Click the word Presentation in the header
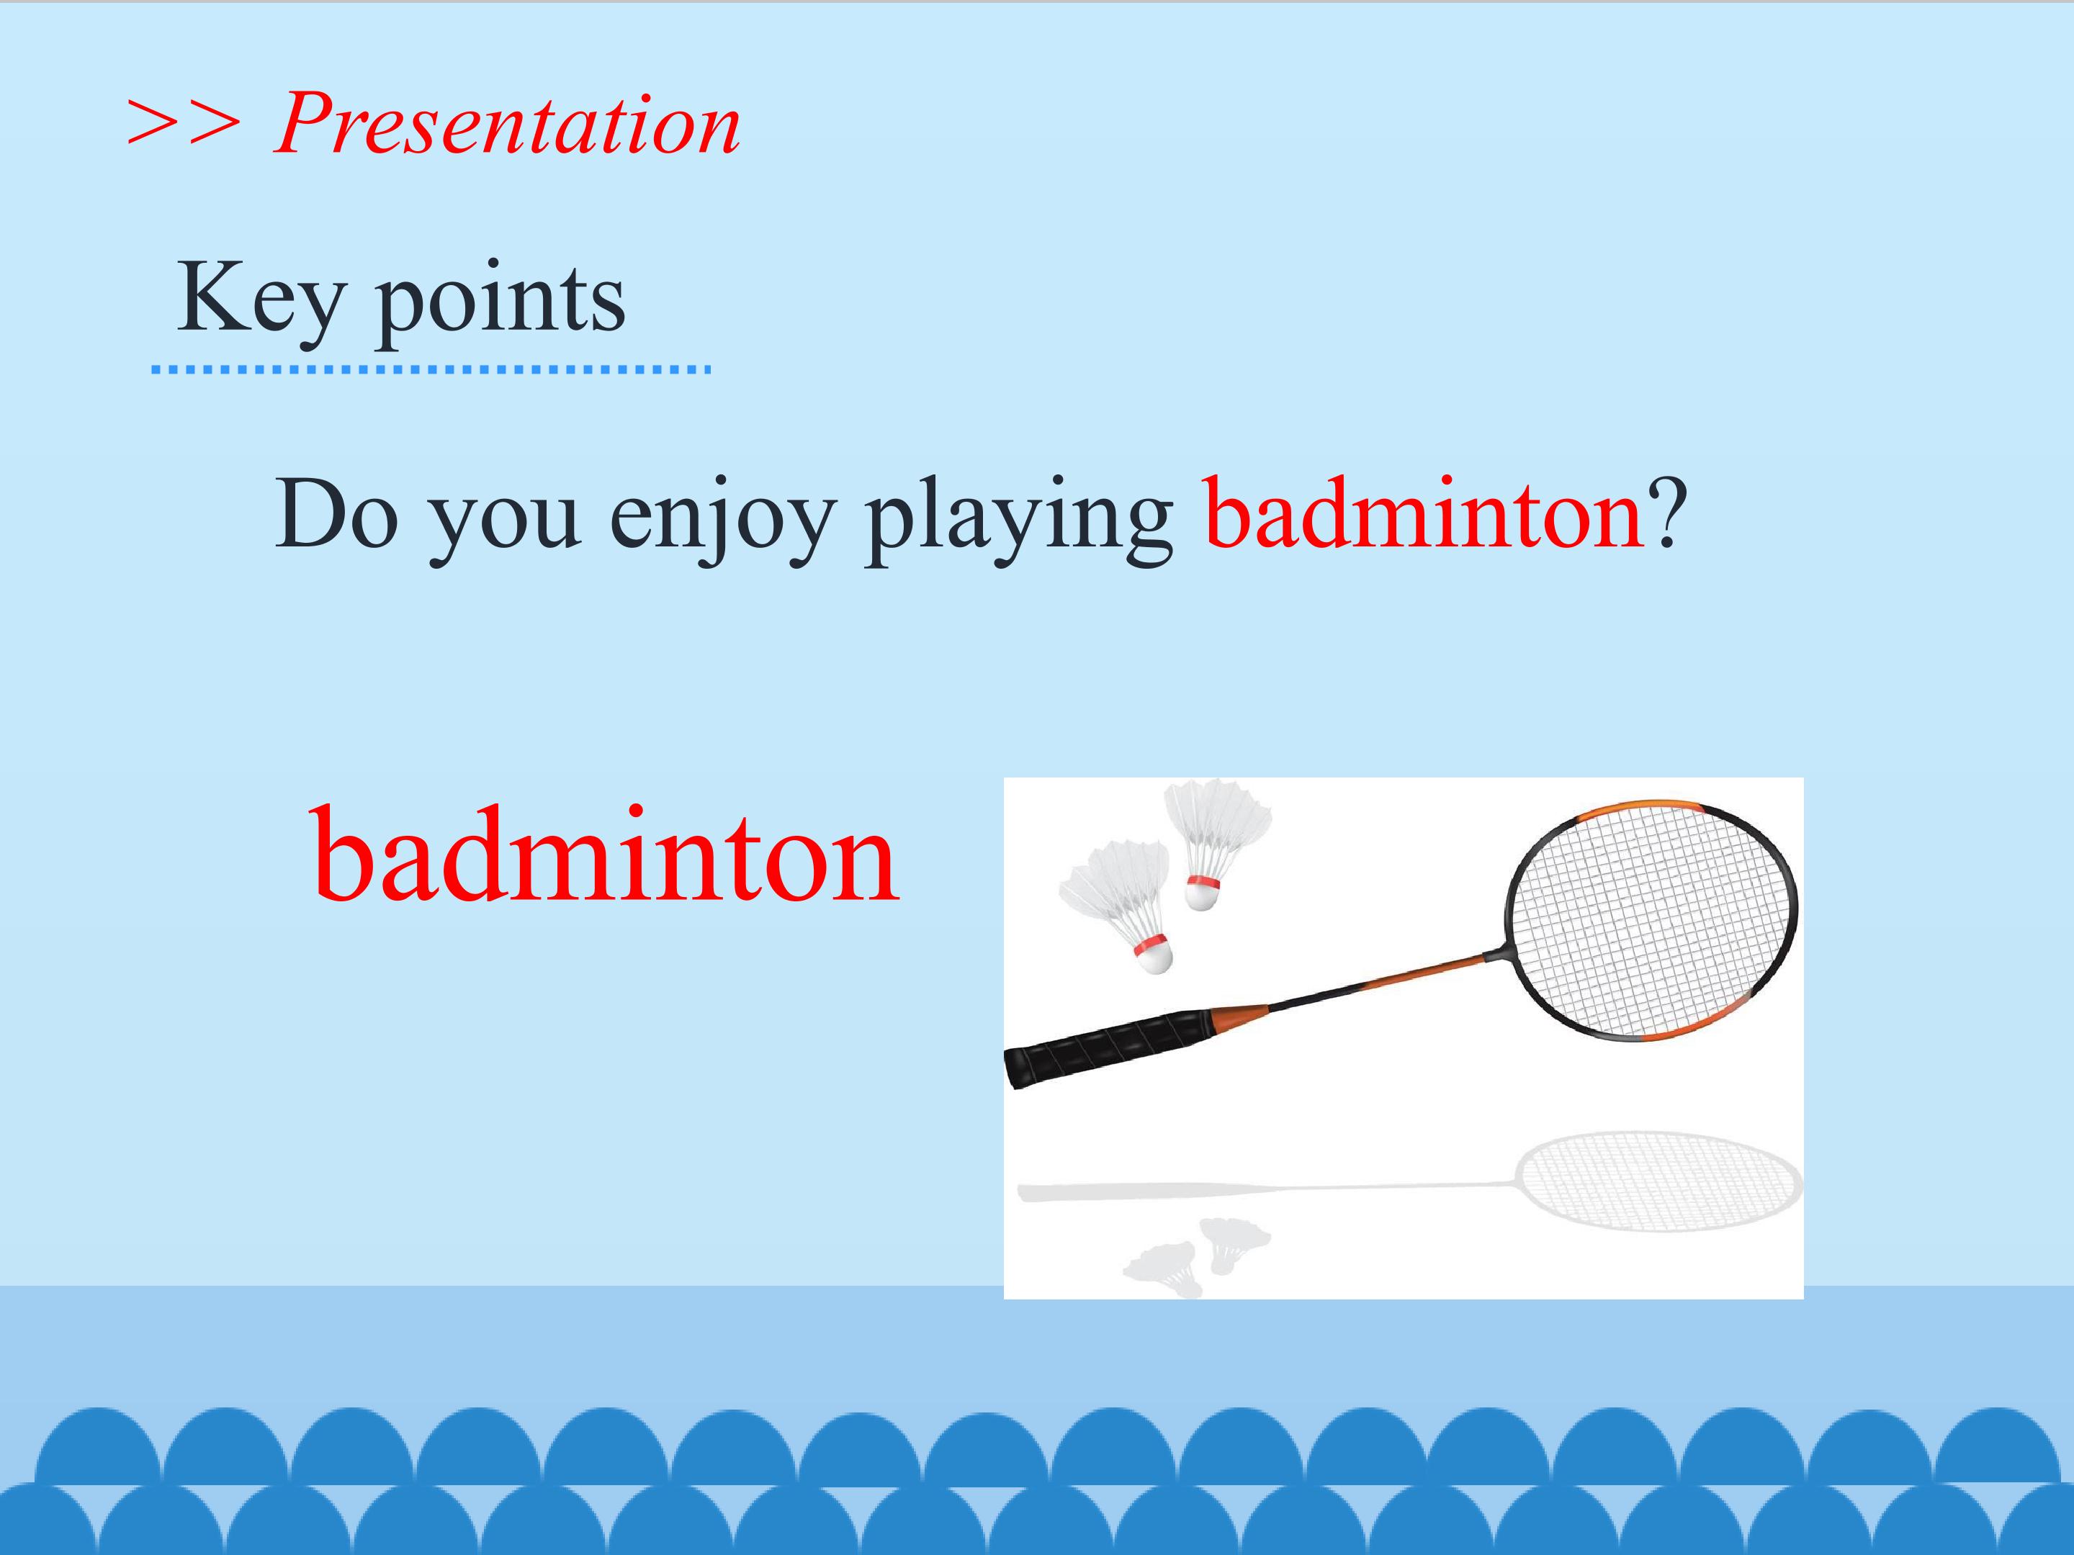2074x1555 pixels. click(x=507, y=124)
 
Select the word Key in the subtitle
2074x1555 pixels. click(x=261, y=299)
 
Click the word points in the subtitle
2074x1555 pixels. click(x=500, y=299)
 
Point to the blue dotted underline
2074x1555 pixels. click(x=431, y=370)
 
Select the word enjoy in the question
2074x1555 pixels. click(x=722, y=520)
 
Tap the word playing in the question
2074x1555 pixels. click(x=1018, y=520)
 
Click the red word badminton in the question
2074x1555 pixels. click(x=1423, y=513)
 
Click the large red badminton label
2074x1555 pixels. click(x=605, y=854)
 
